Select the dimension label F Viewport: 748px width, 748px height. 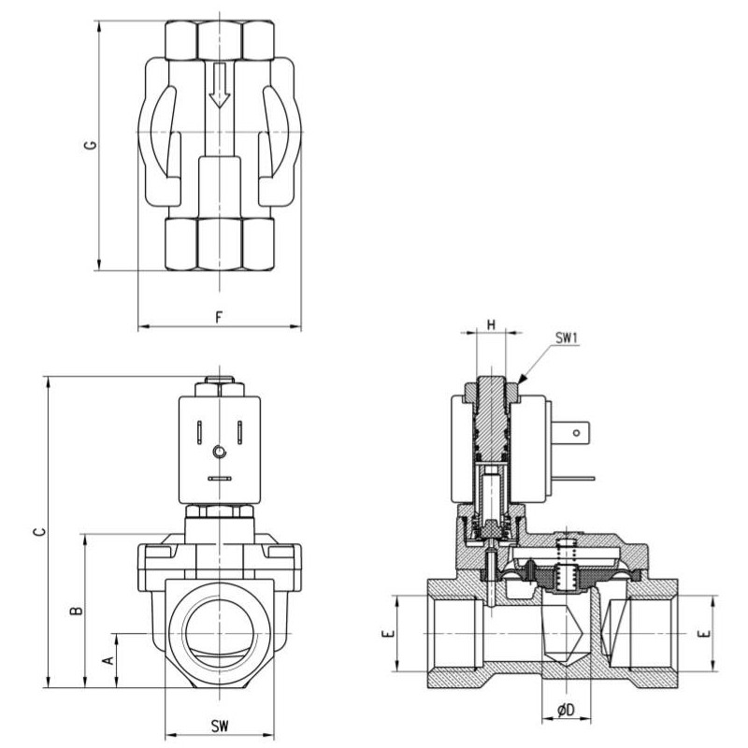tap(219, 316)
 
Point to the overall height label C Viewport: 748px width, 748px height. tap(37, 532)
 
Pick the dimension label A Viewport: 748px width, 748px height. tap(108, 660)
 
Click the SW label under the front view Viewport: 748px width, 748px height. tap(219, 726)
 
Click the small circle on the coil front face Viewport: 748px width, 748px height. tap(219, 453)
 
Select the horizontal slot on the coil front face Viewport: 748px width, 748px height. tap(219, 478)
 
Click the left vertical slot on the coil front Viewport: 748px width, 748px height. tap(199, 432)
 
